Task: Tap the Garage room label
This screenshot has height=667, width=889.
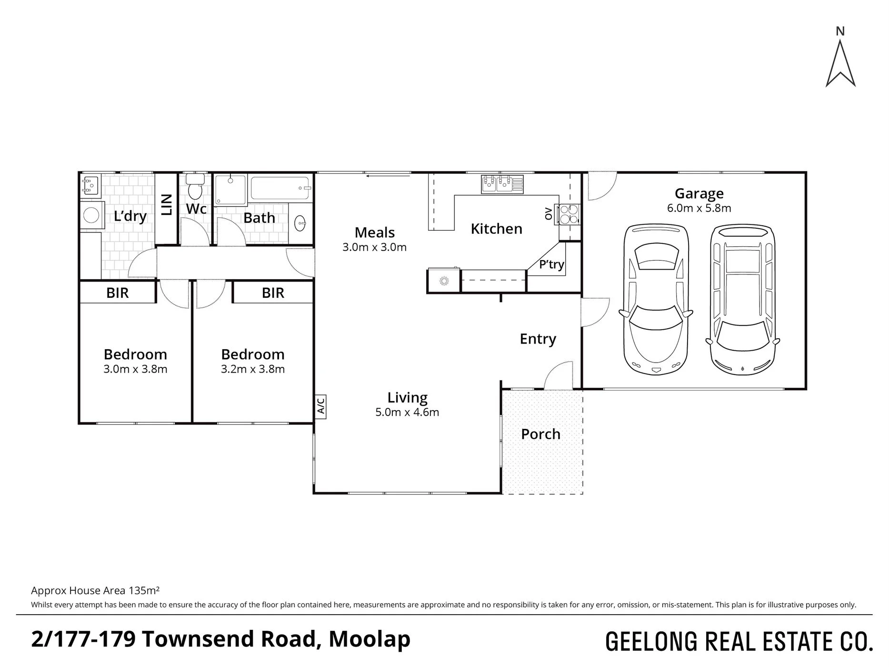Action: click(x=699, y=193)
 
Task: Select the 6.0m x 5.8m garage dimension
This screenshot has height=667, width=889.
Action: click(x=699, y=208)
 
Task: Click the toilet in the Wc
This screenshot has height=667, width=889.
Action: click(x=195, y=186)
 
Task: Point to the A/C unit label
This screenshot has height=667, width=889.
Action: click(x=320, y=406)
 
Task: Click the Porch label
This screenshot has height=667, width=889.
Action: click(x=540, y=434)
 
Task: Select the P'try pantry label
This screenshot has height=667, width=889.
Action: click(x=551, y=264)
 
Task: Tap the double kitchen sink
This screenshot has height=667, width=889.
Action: click(x=502, y=184)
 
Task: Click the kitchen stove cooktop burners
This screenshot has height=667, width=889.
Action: click(x=570, y=214)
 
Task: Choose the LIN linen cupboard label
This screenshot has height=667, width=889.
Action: click(x=167, y=205)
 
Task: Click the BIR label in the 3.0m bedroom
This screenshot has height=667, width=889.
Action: click(x=118, y=293)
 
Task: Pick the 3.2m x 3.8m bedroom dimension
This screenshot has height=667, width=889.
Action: click(x=253, y=369)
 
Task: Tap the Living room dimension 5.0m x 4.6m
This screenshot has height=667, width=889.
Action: click(x=407, y=412)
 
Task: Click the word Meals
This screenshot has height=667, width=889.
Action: click(x=375, y=232)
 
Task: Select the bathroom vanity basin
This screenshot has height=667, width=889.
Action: click(x=300, y=223)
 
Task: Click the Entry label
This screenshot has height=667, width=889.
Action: click(x=538, y=339)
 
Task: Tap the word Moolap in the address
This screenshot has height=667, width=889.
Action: click(x=370, y=639)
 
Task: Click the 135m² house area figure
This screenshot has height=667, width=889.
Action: click(x=144, y=591)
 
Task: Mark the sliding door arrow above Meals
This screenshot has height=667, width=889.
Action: click(x=388, y=176)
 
